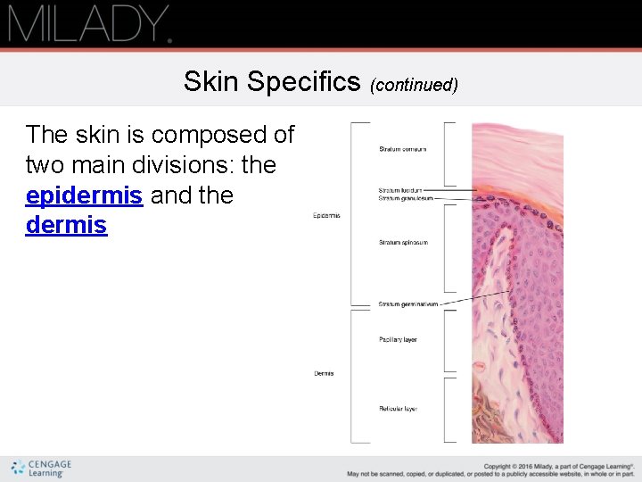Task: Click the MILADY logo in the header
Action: pos(89,23)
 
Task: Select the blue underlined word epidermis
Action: pos(84,195)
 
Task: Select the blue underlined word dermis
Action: pos(66,226)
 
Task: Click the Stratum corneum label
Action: pos(402,149)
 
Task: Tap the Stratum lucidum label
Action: pos(400,190)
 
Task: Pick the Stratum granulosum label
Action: pos(405,198)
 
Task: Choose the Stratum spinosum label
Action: pos(402,243)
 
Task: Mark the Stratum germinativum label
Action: pos(407,304)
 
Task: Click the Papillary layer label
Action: pos(398,340)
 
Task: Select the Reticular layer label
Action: pos(398,409)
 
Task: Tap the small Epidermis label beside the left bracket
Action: pos(326,216)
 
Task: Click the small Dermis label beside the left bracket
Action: pos(324,373)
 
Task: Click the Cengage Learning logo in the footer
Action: pos(41,469)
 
